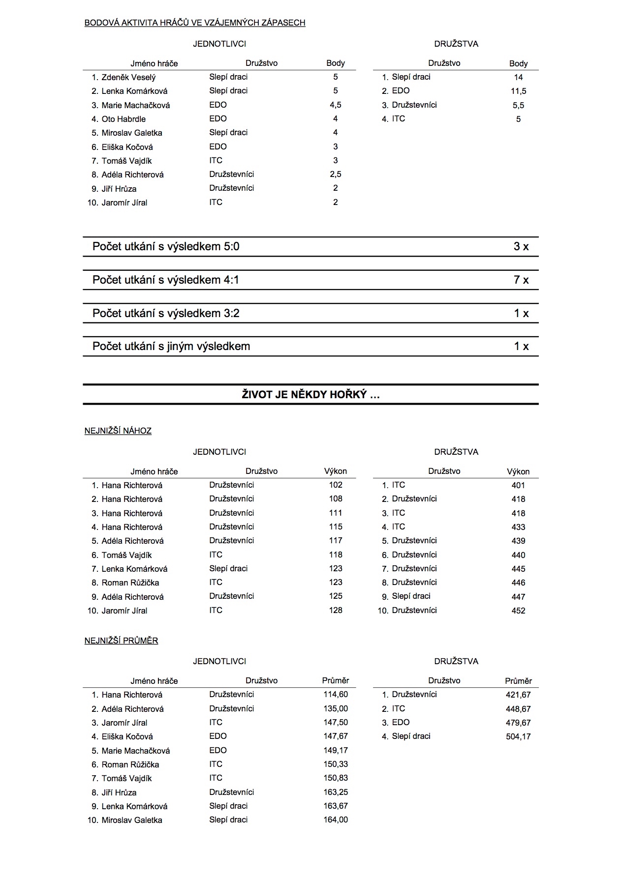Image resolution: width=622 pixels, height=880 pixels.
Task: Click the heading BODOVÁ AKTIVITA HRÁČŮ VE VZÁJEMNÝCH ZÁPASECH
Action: tap(195, 23)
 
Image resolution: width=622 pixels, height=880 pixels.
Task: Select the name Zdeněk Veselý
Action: tap(128, 77)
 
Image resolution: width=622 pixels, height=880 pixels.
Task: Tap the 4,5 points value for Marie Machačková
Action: tap(335, 105)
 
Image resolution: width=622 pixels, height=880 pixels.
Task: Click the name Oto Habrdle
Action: tap(124, 119)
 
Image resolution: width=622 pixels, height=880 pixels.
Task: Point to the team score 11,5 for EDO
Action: tap(518, 91)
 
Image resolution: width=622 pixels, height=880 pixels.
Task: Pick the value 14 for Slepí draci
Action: tap(518, 77)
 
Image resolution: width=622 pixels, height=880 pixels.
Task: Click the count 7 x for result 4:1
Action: tap(521, 280)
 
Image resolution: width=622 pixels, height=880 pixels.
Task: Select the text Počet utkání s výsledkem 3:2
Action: tap(166, 314)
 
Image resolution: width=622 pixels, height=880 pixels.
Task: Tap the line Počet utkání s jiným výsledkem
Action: tap(171, 347)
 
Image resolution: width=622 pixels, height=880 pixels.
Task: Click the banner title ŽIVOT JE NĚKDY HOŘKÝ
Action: tap(311, 395)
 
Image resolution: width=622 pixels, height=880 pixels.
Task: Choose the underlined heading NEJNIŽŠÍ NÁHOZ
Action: tap(118, 431)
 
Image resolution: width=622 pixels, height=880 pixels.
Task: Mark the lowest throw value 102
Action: tap(335, 485)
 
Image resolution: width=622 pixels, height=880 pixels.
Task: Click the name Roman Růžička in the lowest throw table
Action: tap(130, 583)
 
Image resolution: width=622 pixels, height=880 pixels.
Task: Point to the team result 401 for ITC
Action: tap(518, 485)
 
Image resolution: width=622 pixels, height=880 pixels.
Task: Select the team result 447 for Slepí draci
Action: tap(518, 597)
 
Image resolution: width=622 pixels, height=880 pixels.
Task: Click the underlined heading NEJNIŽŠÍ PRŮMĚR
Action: tap(122, 641)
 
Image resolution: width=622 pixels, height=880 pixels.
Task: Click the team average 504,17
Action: tap(518, 736)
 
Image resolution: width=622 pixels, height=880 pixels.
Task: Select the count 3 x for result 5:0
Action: tap(521, 247)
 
